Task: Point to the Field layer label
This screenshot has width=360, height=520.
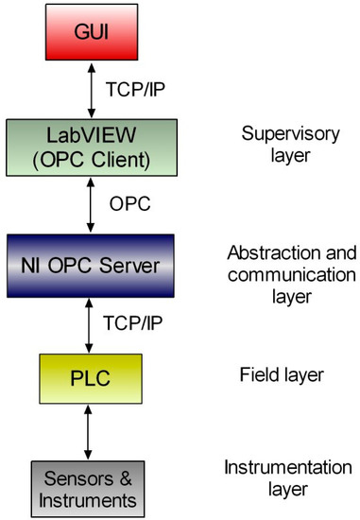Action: click(x=281, y=375)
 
